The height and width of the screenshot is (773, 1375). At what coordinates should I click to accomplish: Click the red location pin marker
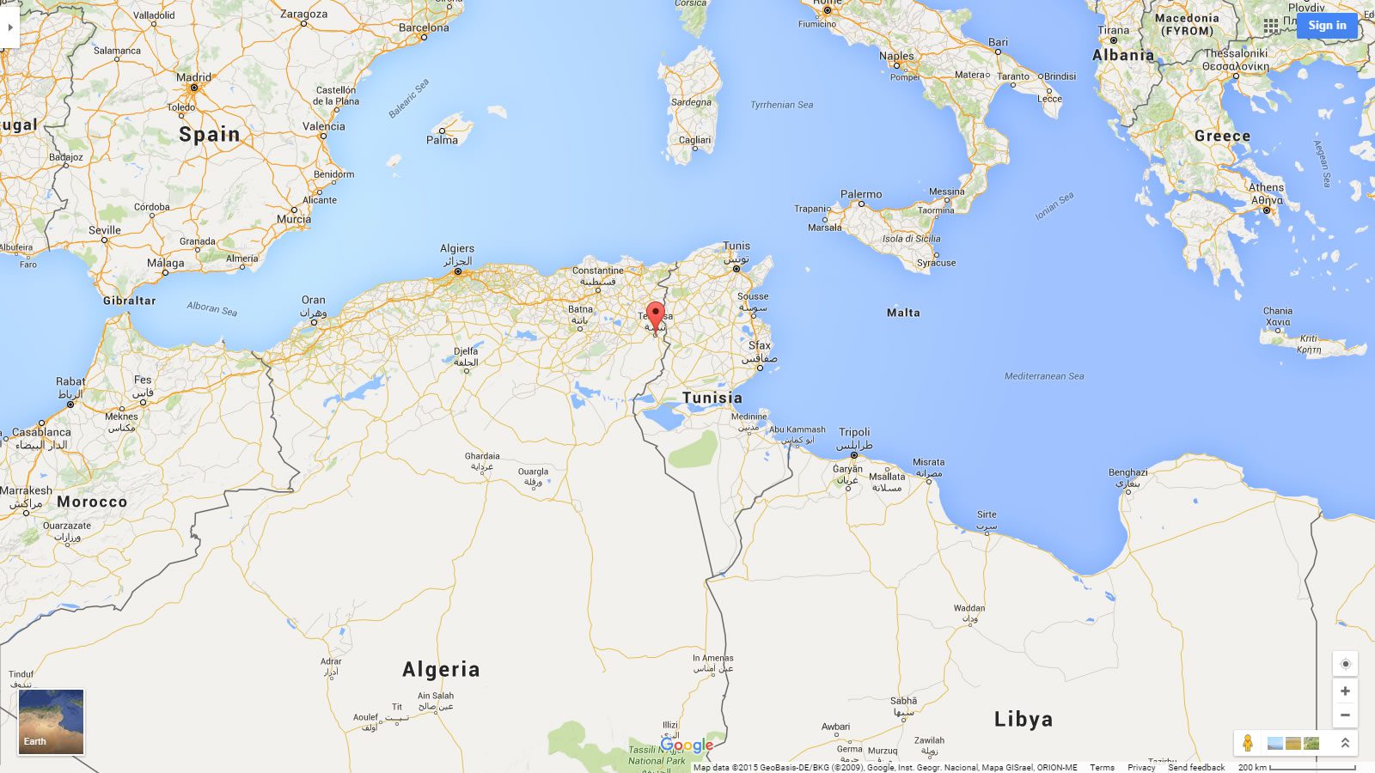pos(656,314)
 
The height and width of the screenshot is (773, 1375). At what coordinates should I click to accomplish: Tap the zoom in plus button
pos(1345,691)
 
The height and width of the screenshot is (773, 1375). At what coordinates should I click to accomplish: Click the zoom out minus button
pos(1345,715)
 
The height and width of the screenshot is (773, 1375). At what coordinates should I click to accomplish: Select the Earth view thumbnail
pos(52,721)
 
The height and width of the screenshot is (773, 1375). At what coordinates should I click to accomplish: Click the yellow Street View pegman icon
pos(1248,743)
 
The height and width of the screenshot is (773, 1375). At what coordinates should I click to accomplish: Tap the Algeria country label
pos(441,670)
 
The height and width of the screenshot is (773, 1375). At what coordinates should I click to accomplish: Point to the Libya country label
pos(1023,720)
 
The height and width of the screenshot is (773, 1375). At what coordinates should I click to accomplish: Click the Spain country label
pos(209,135)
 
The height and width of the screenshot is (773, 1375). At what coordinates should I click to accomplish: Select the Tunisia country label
pos(712,398)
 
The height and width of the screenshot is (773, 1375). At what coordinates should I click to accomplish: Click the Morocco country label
pos(92,502)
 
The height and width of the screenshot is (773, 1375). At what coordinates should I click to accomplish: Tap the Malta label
pos(903,313)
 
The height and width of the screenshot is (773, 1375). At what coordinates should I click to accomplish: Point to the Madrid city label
pos(193,77)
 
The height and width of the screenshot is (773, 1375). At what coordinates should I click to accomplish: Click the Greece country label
pos(1222,137)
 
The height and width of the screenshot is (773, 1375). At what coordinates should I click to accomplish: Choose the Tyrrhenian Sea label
pos(781,105)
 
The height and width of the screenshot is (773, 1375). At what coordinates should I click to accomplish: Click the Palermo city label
pos(861,194)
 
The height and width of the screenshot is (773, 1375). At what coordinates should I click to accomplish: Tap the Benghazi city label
pos(1127,472)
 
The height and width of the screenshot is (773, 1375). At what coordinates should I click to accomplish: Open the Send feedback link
pos(1196,768)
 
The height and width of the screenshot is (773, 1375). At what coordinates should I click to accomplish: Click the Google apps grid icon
pos(1271,26)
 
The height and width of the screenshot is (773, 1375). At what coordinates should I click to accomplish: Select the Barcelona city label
pos(424,27)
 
